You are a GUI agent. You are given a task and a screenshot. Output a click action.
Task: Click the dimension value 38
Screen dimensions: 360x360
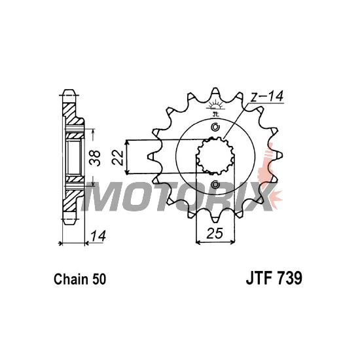click(x=96, y=158)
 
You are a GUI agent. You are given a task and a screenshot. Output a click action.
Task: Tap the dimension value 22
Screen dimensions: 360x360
click(x=118, y=158)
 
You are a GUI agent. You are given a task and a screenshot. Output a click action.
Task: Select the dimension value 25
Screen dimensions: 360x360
click(x=215, y=233)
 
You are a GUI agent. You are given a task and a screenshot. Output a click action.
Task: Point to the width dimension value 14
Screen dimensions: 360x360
click(x=98, y=236)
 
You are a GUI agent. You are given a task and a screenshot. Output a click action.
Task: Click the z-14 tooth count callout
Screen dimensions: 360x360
click(x=267, y=96)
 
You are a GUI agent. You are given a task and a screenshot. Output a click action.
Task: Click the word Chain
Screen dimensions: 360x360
click(x=71, y=279)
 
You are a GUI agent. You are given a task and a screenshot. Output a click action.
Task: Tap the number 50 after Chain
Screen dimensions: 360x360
click(x=99, y=279)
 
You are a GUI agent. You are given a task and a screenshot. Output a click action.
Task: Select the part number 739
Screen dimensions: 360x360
click(x=290, y=278)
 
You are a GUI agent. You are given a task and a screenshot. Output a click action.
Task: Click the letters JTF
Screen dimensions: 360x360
click(x=260, y=278)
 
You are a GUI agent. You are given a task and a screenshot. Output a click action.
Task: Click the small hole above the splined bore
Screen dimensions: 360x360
click(x=215, y=127)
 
